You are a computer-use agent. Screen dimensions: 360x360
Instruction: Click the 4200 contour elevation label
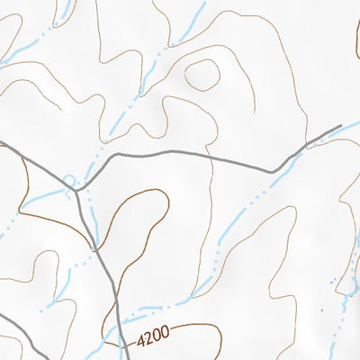coord(153,340)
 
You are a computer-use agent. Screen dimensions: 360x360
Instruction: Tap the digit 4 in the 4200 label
coord(142,343)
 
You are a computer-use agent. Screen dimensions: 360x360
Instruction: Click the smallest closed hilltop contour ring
coord(203,74)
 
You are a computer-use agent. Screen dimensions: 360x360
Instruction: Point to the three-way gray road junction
coord(79,190)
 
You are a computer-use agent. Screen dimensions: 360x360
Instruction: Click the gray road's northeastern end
coord(341,127)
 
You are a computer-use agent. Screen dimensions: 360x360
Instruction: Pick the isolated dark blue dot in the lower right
coord(319,310)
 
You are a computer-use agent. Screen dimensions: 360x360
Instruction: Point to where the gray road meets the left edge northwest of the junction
coord(2,143)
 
